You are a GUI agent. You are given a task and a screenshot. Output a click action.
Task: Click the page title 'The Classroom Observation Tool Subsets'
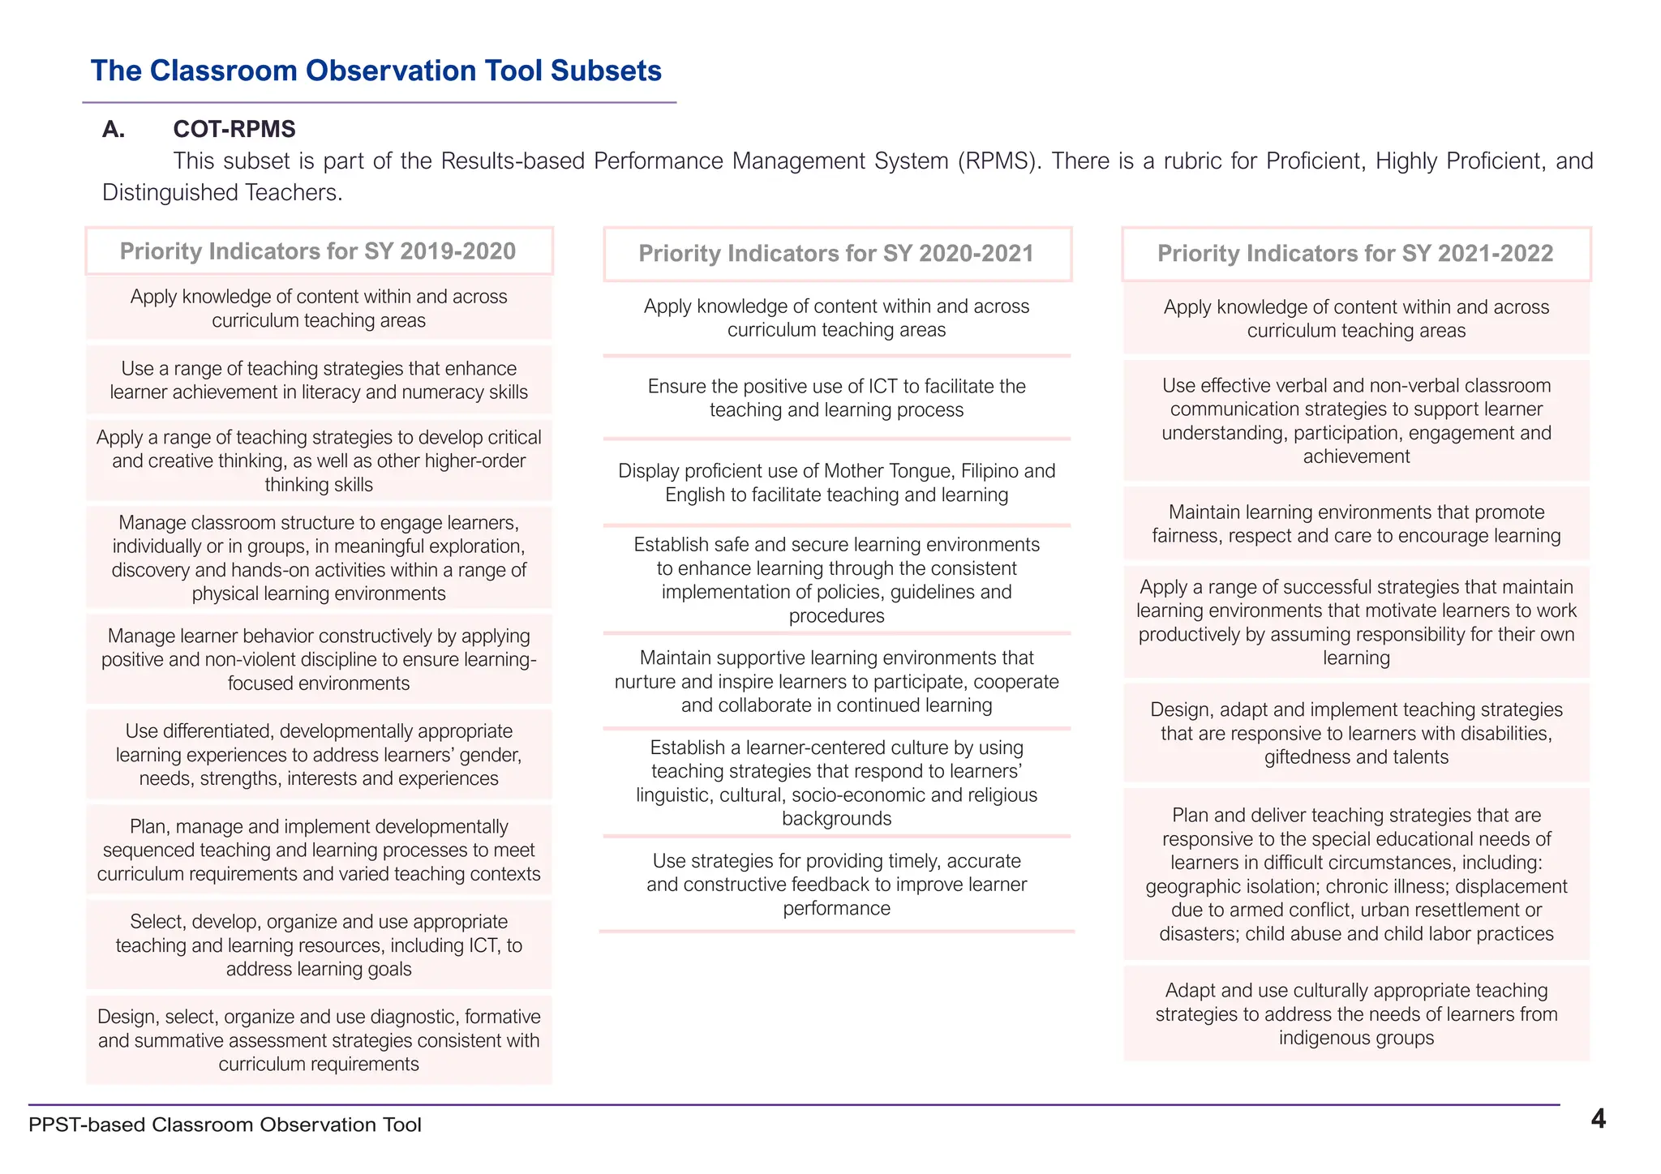(376, 71)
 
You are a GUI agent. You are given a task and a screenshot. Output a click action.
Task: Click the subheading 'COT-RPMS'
(234, 129)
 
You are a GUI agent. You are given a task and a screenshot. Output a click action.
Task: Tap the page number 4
(1598, 1119)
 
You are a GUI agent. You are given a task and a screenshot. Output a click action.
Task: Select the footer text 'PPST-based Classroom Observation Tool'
(225, 1125)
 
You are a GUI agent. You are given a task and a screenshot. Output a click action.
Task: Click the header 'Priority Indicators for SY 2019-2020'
(318, 251)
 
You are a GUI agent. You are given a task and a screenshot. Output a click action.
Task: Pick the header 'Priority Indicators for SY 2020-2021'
(836, 254)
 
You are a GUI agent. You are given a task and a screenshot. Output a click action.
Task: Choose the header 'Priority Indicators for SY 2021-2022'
(1355, 254)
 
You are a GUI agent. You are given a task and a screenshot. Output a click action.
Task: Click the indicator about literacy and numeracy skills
(319, 380)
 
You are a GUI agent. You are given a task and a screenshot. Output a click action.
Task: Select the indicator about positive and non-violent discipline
(319, 659)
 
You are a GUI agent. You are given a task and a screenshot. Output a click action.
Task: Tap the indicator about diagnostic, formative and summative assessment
(319, 1040)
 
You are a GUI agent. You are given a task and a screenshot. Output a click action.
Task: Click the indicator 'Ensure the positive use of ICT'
(836, 398)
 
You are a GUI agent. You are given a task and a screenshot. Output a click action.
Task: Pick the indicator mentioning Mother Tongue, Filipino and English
(836, 482)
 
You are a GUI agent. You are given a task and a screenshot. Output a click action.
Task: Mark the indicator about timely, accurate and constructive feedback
(836, 884)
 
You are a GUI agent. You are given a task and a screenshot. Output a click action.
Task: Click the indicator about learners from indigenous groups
(1356, 1013)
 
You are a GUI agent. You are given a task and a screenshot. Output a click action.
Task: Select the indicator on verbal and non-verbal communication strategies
(1356, 421)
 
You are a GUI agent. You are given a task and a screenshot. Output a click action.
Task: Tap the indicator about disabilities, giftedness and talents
(1356, 733)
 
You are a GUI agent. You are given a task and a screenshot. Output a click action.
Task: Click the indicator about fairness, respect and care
(1356, 524)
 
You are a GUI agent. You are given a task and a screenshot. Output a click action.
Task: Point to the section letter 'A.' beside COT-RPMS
(114, 129)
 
